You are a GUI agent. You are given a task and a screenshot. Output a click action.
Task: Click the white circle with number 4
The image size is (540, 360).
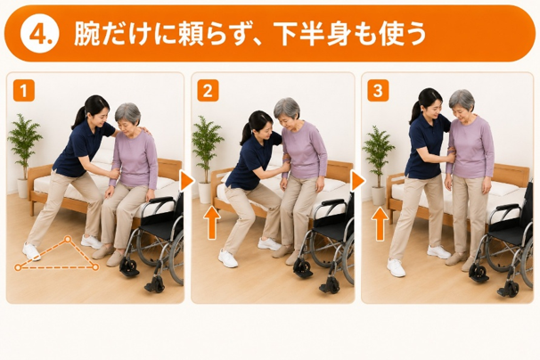(40, 34)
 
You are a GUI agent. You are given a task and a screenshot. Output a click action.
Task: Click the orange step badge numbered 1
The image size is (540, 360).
(24, 90)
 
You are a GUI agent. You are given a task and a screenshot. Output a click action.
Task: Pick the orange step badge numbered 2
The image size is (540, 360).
(208, 90)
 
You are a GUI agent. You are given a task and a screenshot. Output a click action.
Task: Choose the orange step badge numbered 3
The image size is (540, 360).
(378, 90)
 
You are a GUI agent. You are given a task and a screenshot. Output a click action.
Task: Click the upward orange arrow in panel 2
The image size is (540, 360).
(212, 223)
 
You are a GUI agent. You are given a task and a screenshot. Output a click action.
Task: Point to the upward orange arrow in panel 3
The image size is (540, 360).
(380, 224)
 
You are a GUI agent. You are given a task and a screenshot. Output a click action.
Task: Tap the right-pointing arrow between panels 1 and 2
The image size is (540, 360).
(187, 181)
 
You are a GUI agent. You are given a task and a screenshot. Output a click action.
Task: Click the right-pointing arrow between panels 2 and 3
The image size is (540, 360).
(357, 181)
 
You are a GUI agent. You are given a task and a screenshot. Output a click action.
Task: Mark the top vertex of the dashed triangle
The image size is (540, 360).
(68, 239)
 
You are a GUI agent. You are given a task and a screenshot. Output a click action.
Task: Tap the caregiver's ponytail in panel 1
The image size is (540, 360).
(78, 119)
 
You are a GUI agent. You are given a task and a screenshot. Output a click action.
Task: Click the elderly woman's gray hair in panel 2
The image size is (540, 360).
(288, 108)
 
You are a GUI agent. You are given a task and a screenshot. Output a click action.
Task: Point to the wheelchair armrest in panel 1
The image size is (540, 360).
(161, 200)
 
